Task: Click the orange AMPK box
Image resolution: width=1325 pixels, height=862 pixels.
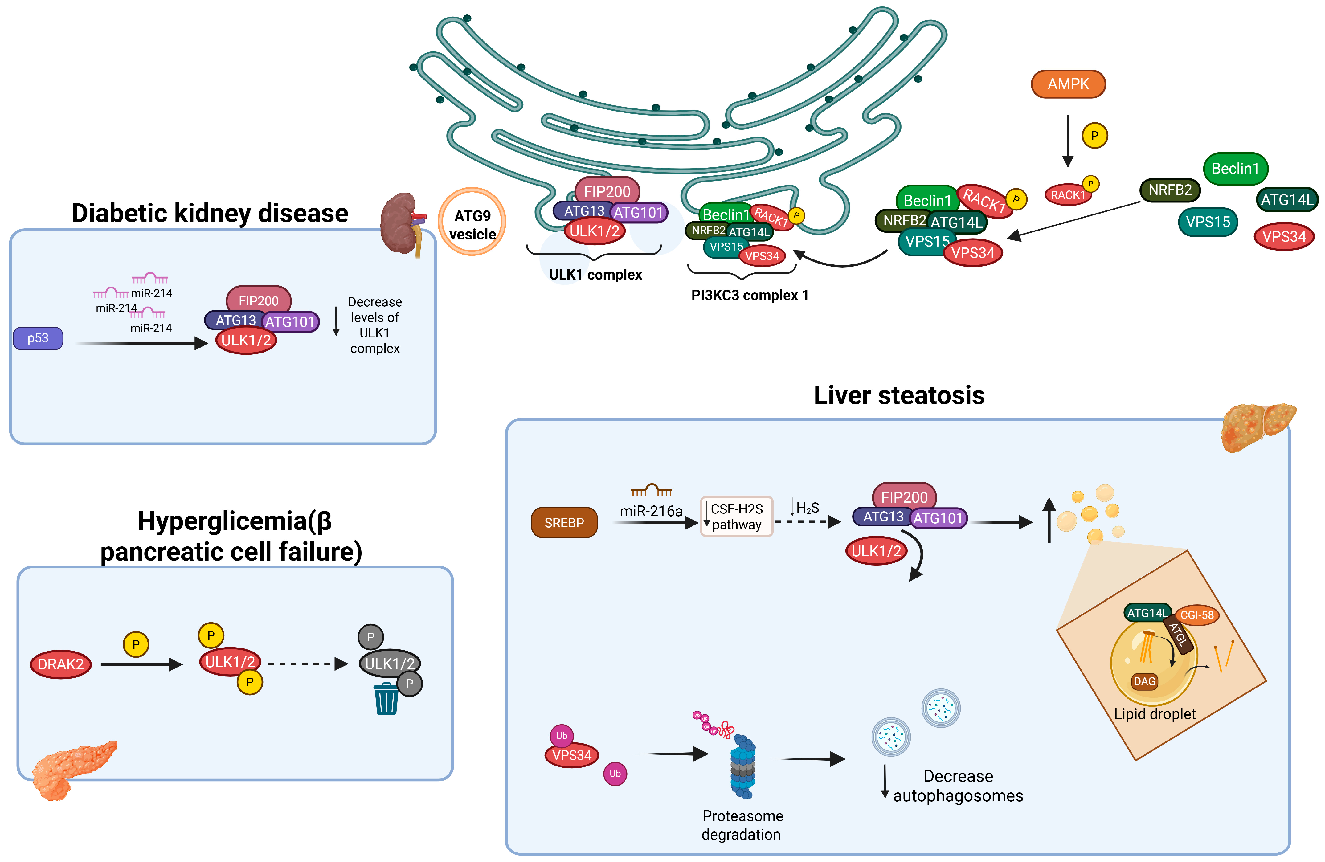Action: (1068, 84)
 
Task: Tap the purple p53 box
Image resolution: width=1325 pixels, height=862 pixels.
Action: (38, 338)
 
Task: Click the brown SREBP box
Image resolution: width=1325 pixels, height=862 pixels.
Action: (564, 522)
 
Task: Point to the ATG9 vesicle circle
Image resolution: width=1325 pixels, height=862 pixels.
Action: (472, 222)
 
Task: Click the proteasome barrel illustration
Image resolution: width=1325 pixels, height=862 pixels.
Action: (743, 766)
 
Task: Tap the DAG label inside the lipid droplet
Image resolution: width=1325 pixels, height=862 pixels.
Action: (1144, 681)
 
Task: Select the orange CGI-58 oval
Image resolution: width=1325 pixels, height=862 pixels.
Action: (1197, 615)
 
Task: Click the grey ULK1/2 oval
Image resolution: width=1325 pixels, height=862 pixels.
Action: (390, 663)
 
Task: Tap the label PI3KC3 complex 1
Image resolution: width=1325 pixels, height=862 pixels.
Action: (749, 295)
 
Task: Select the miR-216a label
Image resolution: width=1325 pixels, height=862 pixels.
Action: (651, 511)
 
